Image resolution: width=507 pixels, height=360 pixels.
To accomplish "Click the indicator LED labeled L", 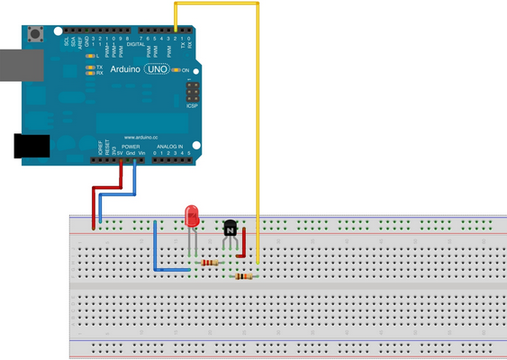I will (90, 56).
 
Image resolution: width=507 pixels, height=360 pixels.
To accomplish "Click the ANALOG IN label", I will (170, 146).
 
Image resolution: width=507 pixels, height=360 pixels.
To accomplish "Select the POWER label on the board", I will (131, 146).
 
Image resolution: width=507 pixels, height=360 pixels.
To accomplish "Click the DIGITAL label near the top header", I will (136, 42).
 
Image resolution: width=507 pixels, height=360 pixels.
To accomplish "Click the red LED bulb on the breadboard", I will (192, 217).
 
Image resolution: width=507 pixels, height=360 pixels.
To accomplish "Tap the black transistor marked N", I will (231, 230).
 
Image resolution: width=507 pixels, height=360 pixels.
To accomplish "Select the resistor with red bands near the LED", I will (209, 263).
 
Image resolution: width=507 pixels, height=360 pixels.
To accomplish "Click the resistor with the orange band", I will (242, 276).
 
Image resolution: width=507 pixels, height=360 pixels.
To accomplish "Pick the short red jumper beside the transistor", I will (243, 242).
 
